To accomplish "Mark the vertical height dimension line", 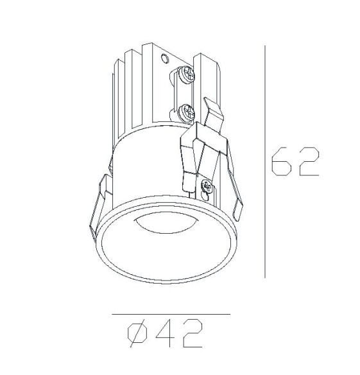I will pos(265,161).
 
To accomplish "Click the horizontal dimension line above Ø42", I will pos(170,314).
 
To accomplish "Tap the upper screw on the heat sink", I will pos(188,75).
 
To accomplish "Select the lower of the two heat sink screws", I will pos(188,110).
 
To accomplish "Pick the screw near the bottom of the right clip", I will pos(207,187).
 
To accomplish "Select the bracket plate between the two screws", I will pos(184,93).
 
